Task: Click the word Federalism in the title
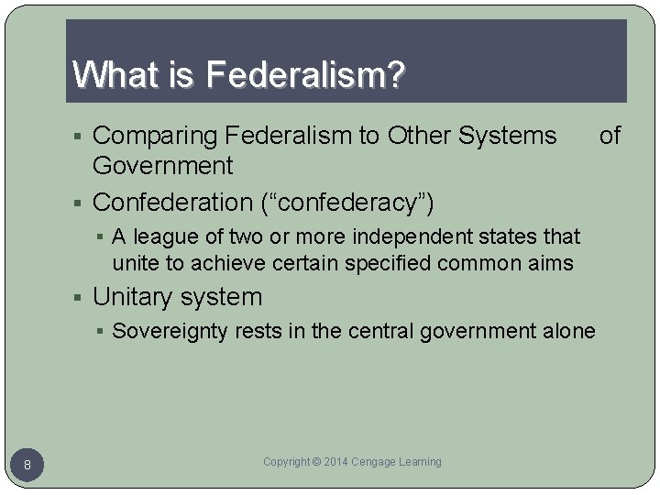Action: coord(298,75)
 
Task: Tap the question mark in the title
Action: coord(395,75)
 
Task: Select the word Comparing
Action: coord(155,136)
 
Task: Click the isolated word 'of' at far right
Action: coord(610,136)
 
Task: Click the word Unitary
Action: coord(132,297)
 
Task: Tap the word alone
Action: coord(569,331)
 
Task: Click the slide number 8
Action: coord(27,466)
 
